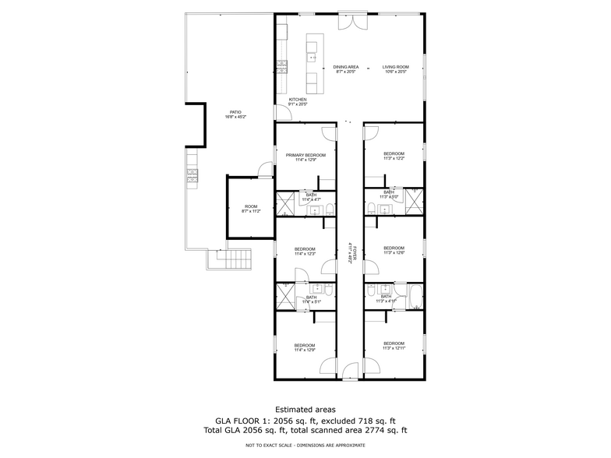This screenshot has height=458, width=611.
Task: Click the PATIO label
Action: (235, 112)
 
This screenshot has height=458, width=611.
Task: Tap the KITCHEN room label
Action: (298, 100)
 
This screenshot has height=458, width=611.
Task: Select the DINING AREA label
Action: (345, 67)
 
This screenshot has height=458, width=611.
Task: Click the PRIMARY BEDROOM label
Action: (305, 155)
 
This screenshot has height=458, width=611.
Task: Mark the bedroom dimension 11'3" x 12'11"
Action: (394, 348)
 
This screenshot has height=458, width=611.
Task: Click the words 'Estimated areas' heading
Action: (305, 409)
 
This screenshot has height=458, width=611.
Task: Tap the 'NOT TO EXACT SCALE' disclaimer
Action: (305, 445)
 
